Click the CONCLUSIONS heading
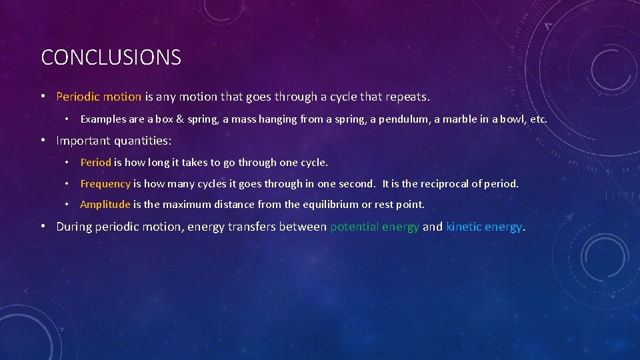coord(111,57)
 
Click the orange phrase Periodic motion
coord(99,97)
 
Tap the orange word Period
coord(95,162)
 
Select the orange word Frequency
coord(105,183)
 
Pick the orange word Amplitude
coord(105,205)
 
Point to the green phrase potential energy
coord(375,227)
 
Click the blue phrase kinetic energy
coord(484,227)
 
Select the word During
coord(74,227)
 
